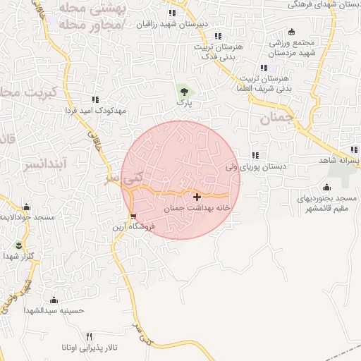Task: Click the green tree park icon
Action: coord(184,91)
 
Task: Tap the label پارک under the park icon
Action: coord(184,103)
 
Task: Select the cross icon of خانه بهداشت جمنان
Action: coord(196,197)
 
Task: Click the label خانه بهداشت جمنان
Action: coord(197,209)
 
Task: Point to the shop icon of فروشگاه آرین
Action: coord(133,216)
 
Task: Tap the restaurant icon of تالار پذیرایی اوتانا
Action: coord(89,336)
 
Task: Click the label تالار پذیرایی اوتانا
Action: coord(89,348)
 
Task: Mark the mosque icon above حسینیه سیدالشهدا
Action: coord(54,299)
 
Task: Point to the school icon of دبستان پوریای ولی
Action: coord(255,156)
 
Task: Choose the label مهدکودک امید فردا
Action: coord(94,111)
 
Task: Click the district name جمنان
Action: coord(275,119)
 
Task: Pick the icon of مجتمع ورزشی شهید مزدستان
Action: coord(272,32)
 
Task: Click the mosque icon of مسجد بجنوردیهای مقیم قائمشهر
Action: coord(326,188)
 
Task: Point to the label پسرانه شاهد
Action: coord(339,161)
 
